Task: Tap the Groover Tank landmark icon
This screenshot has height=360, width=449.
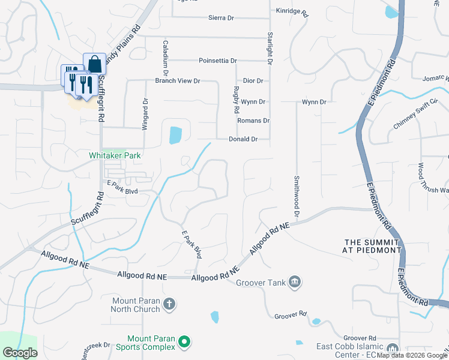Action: (295, 281)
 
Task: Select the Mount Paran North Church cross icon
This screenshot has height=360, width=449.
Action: (169, 304)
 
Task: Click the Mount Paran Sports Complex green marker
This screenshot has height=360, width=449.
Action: (184, 343)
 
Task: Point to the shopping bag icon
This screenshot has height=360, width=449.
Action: (94, 64)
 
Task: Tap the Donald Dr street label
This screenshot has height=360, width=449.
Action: (243, 139)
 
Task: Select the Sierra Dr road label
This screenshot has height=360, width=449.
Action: (221, 19)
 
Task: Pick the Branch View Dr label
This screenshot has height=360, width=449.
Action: (177, 80)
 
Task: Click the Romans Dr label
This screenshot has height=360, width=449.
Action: (253, 121)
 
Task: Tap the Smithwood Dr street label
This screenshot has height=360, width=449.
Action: (297, 196)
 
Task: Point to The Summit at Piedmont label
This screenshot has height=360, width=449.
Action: (372, 245)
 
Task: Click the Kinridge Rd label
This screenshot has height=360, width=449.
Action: (292, 11)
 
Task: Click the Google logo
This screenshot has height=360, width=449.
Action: (20, 353)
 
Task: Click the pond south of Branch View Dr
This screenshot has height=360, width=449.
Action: (175, 135)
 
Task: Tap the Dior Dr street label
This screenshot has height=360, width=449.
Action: (253, 80)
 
